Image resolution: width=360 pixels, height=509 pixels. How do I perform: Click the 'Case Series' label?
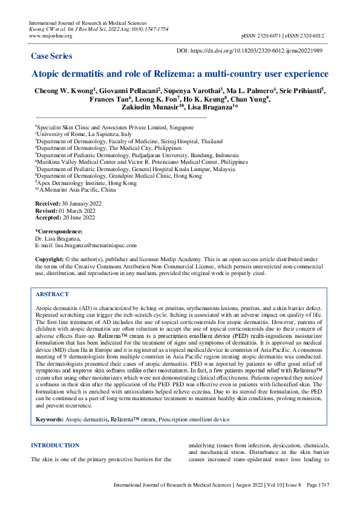pos(51,56)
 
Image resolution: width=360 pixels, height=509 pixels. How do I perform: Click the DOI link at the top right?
pos(257,51)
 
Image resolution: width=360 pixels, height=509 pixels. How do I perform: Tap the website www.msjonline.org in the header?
pos(51,36)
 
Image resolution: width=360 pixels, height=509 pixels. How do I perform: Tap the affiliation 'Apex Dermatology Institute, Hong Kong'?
pos(87,182)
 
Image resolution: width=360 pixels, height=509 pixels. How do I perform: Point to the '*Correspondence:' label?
pos(58,232)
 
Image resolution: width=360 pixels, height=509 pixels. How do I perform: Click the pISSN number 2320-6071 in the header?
pos(272,36)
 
